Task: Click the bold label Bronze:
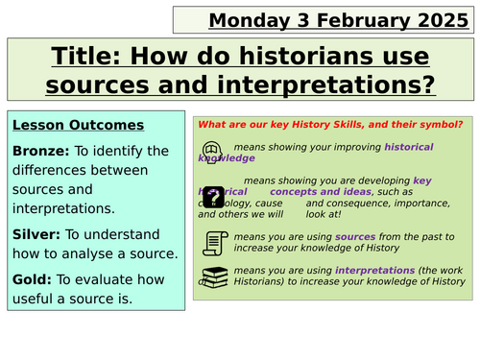40,151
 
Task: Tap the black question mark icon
213,196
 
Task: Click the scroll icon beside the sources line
212,242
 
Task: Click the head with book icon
212,152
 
